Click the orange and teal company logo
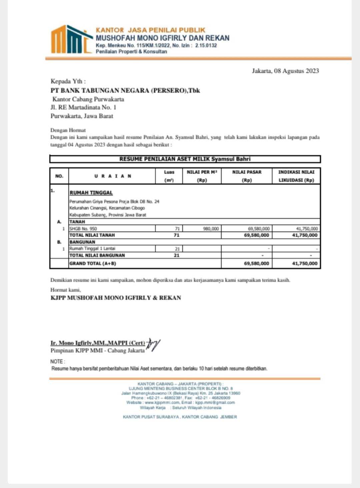tap(71, 40)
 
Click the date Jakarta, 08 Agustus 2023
tap(285, 71)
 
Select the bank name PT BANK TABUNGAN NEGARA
tap(125, 90)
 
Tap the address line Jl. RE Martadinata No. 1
tap(83, 107)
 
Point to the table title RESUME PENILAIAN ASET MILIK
tap(185, 159)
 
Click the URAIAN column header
tap(112, 176)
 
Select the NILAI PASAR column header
tap(247, 176)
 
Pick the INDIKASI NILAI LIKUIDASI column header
tap(296, 176)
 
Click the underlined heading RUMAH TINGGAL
tap(91, 193)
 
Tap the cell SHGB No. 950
tap(83, 229)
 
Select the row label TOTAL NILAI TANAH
tap(92, 235)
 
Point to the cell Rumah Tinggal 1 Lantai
tap(92, 249)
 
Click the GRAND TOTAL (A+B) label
tap(93, 264)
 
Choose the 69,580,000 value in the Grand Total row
tap(256, 264)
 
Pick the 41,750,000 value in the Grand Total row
tap(305, 264)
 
